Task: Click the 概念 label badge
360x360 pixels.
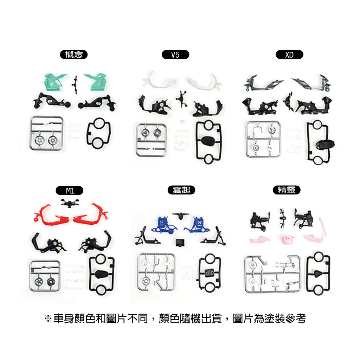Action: point(74,54)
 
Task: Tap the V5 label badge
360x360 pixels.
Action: point(175,54)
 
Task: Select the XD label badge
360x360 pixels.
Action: point(289,54)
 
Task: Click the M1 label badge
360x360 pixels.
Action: point(70,191)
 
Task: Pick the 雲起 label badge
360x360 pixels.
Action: point(181,190)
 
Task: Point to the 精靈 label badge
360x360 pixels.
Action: point(287,190)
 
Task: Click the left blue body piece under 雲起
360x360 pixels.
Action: point(164,225)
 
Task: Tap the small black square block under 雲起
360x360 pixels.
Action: point(180,243)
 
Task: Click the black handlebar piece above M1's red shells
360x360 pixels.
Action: point(70,203)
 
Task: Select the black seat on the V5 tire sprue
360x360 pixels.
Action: point(207,141)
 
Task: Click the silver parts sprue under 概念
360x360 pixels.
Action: point(46,133)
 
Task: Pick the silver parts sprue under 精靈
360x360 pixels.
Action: point(272,274)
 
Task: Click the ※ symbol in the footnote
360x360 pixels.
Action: point(48,319)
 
